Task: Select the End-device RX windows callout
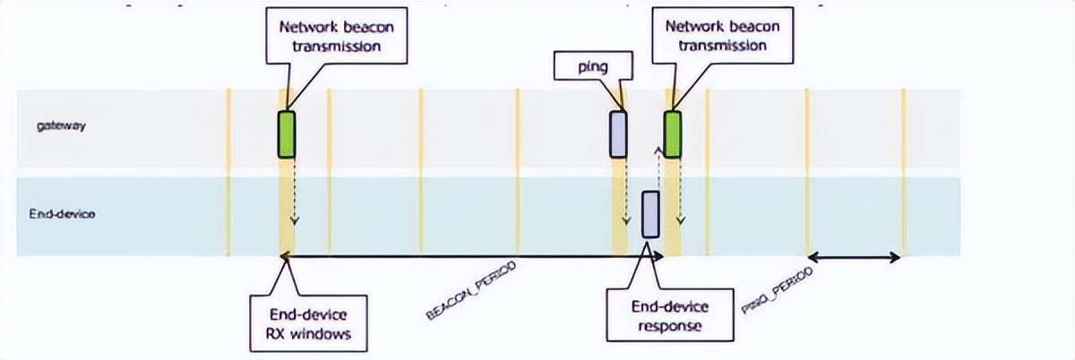point(308,325)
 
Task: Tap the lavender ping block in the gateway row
point(618,134)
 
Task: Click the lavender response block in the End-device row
point(650,214)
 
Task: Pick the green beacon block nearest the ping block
point(672,134)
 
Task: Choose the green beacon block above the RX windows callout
point(287,134)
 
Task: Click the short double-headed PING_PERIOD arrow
point(855,258)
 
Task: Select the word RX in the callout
point(284,335)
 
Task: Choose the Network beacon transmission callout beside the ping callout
point(722,36)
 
